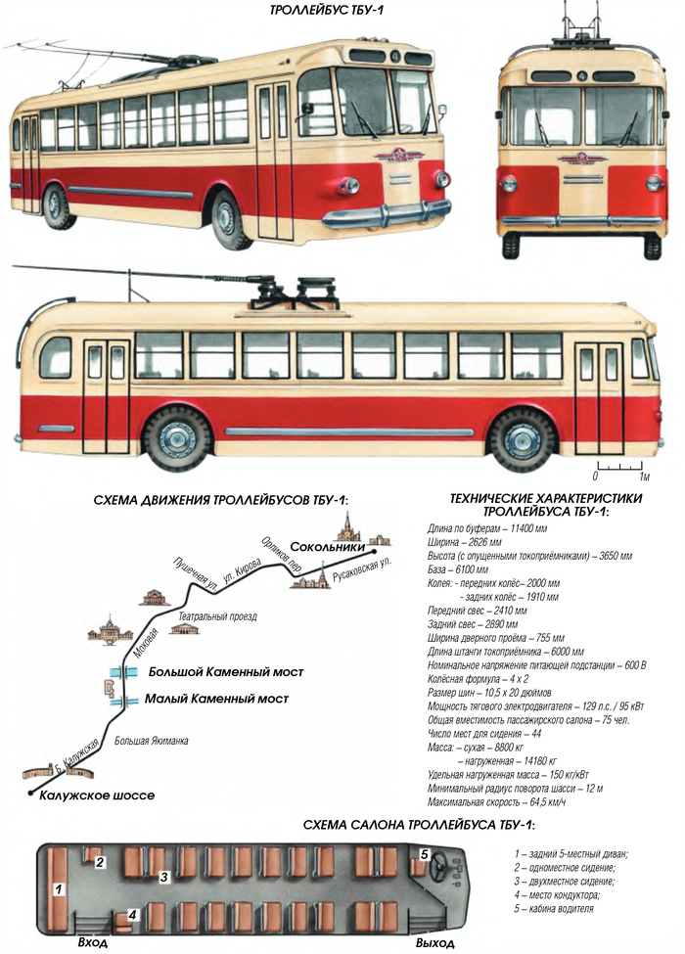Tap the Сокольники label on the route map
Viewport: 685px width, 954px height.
point(327,546)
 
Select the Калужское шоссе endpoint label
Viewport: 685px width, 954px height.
point(97,795)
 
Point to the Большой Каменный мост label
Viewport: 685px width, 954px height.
point(226,672)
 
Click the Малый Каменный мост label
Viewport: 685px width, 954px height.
point(216,699)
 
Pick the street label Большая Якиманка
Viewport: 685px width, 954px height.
point(152,741)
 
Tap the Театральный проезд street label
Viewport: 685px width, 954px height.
point(217,616)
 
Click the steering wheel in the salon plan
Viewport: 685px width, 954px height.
point(439,865)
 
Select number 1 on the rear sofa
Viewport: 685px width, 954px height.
point(59,889)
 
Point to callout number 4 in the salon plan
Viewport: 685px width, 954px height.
point(133,915)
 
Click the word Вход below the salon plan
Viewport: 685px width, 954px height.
point(93,942)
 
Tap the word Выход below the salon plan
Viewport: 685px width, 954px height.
point(434,943)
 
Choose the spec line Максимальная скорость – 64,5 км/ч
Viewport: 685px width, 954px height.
point(496,802)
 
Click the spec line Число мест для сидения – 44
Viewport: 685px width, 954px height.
point(484,734)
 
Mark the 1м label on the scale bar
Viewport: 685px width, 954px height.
point(645,477)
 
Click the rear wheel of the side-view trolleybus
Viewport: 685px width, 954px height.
point(176,438)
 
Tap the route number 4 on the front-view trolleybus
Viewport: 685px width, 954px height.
point(583,76)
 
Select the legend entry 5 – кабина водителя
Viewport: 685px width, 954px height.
point(554,909)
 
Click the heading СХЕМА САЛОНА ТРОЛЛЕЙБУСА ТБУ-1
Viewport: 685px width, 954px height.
point(419,825)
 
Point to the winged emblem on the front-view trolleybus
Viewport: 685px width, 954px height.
point(582,159)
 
